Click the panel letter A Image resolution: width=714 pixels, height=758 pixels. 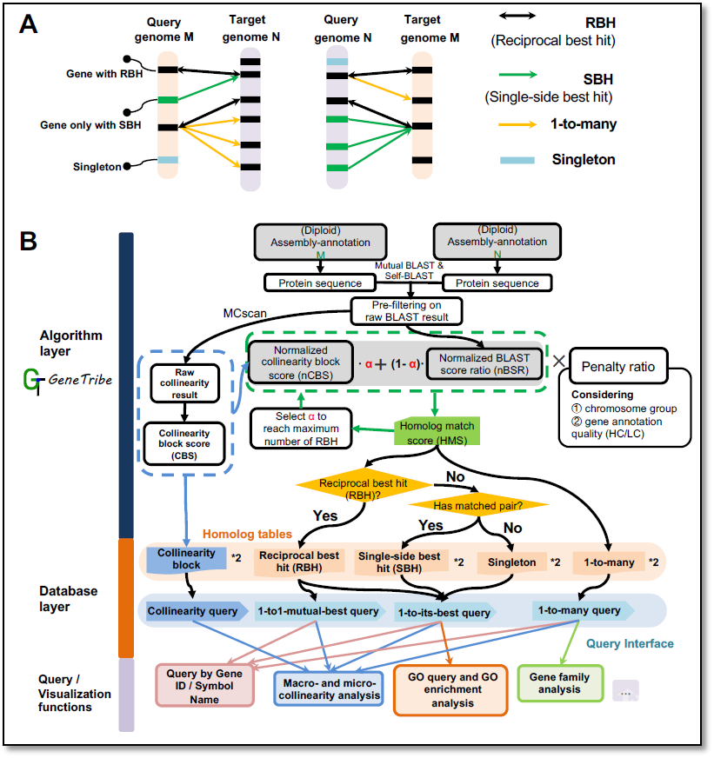click(30, 25)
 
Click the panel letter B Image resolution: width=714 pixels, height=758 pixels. click(30, 241)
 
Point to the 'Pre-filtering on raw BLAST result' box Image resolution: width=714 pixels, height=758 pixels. click(407, 311)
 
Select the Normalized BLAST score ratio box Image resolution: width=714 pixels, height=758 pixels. click(484, 362)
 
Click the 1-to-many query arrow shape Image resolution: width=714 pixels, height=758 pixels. click(581, 611)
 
